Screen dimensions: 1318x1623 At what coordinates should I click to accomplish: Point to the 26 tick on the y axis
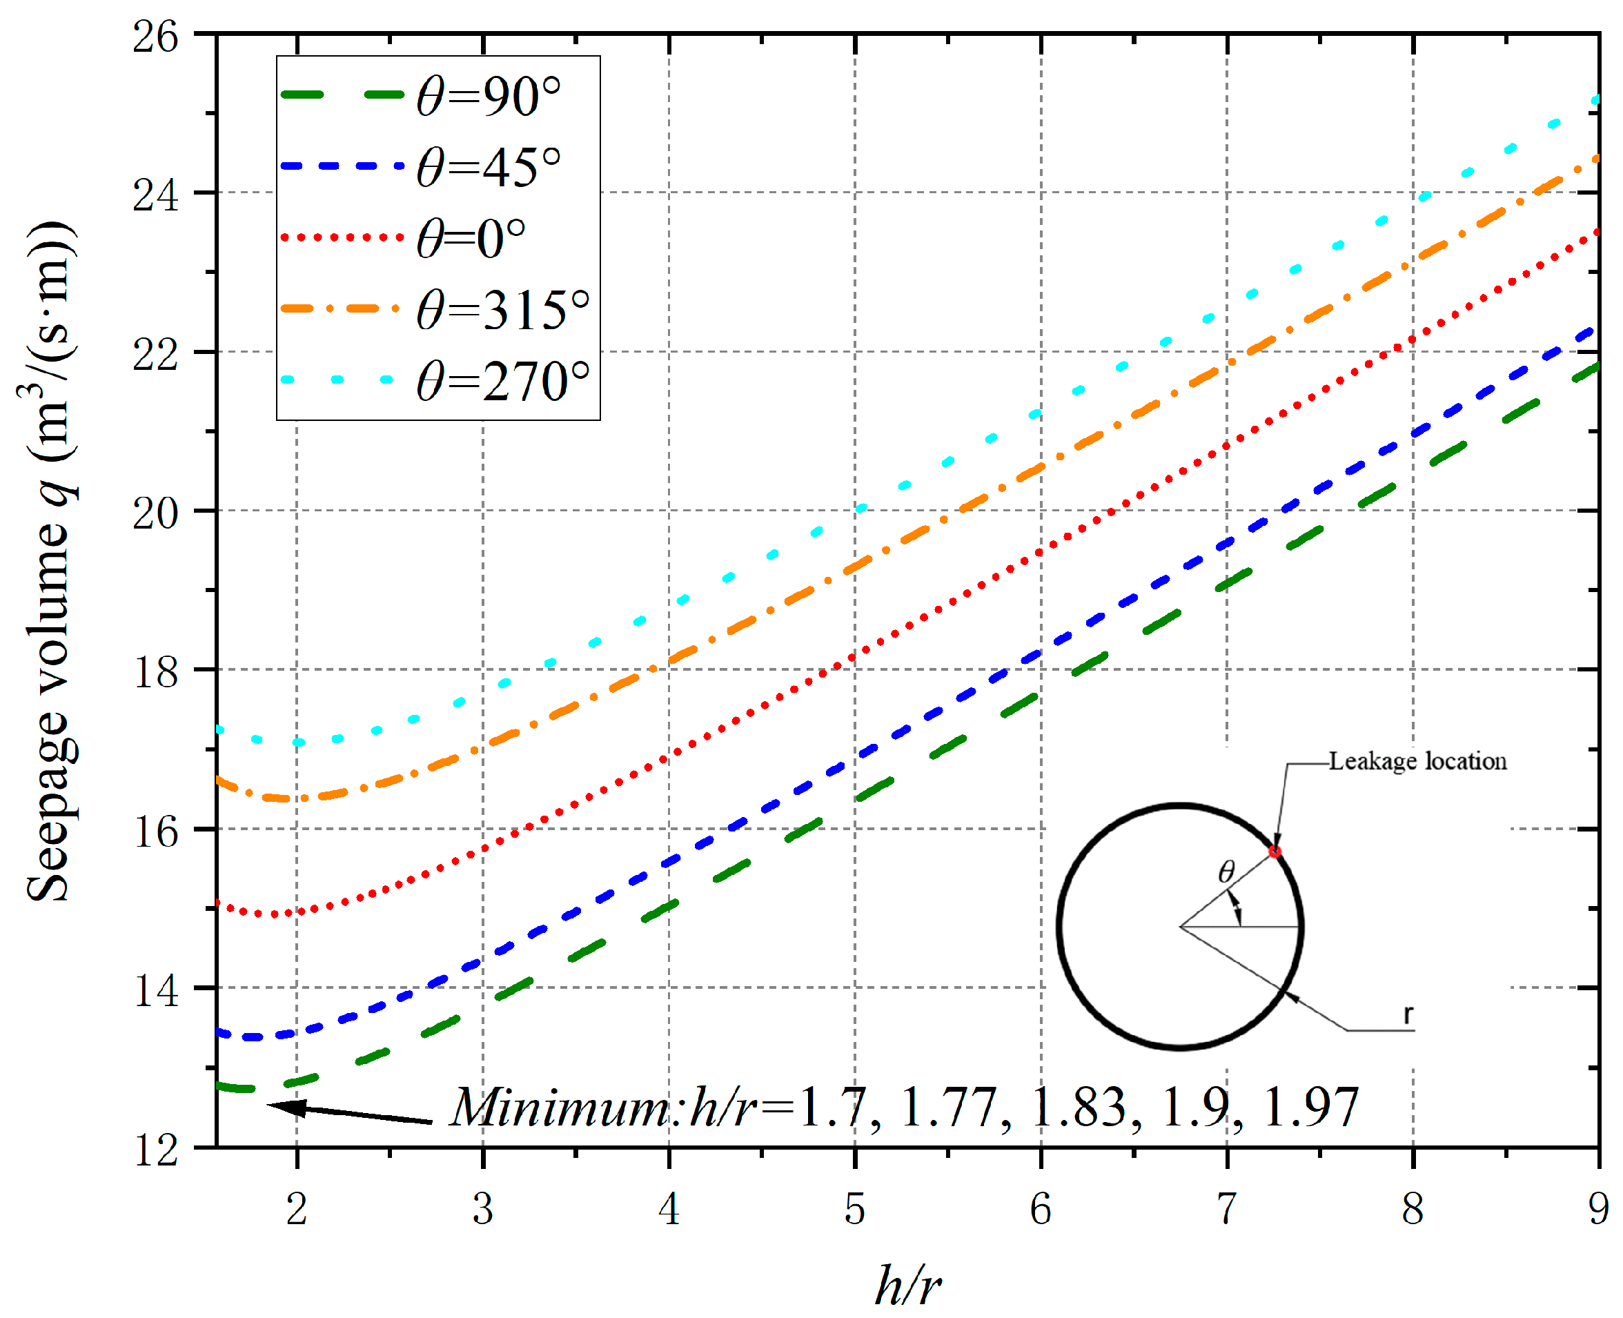click(156, 36)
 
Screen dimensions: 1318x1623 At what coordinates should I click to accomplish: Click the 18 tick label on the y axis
click(156, 671)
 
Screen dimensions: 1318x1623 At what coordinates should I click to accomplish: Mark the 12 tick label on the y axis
click(156, 1150)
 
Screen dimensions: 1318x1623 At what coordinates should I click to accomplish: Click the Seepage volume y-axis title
click(50, 562)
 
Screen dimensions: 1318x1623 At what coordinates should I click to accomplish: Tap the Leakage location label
click(1417, 762)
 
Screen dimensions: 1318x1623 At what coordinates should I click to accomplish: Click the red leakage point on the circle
click(1275, 852)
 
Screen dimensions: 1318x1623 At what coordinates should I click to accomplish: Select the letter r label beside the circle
click(1408, 1014)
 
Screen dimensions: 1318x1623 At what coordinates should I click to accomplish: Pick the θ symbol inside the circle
click(1226, 872)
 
